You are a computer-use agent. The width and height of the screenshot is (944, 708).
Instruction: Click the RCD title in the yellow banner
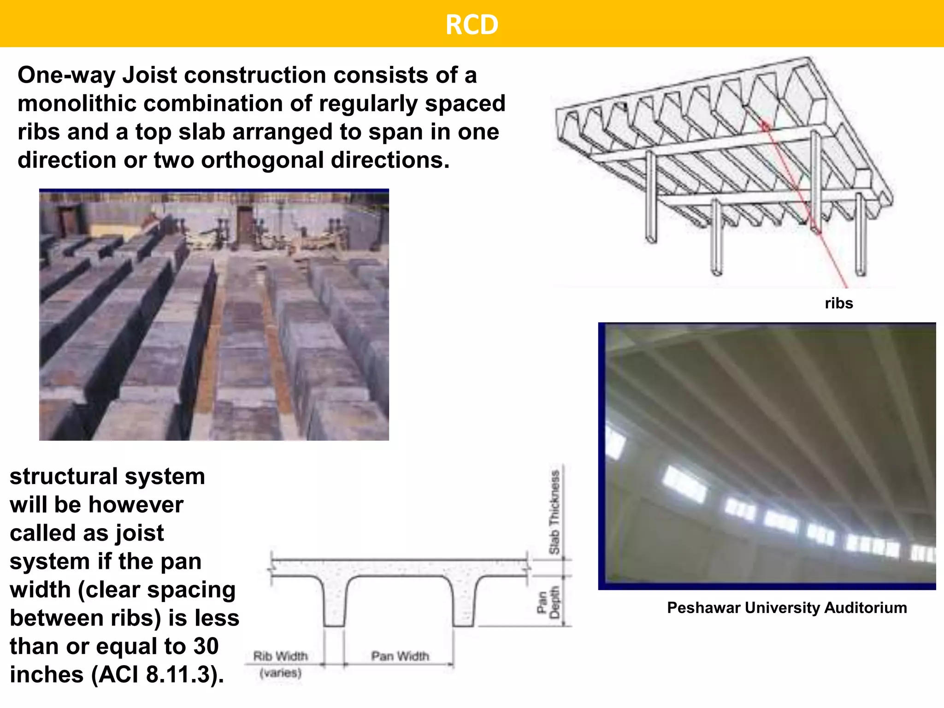(x=472, y=24)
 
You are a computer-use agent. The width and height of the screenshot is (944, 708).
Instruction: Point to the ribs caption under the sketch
(x=838, y=303)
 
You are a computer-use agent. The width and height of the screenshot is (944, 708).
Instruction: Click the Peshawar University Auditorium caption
(x=787, y=608)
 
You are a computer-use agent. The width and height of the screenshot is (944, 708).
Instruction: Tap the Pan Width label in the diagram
(x=400, y=656)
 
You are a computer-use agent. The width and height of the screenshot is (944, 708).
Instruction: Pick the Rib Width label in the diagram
(x=281, y=656)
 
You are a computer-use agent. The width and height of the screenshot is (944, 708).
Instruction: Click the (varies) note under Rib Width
(x=281, y=673)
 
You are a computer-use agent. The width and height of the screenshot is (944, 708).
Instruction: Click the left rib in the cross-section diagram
(x=334, y=602)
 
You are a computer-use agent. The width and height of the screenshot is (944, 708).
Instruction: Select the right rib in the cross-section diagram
(x=463, y=602)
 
